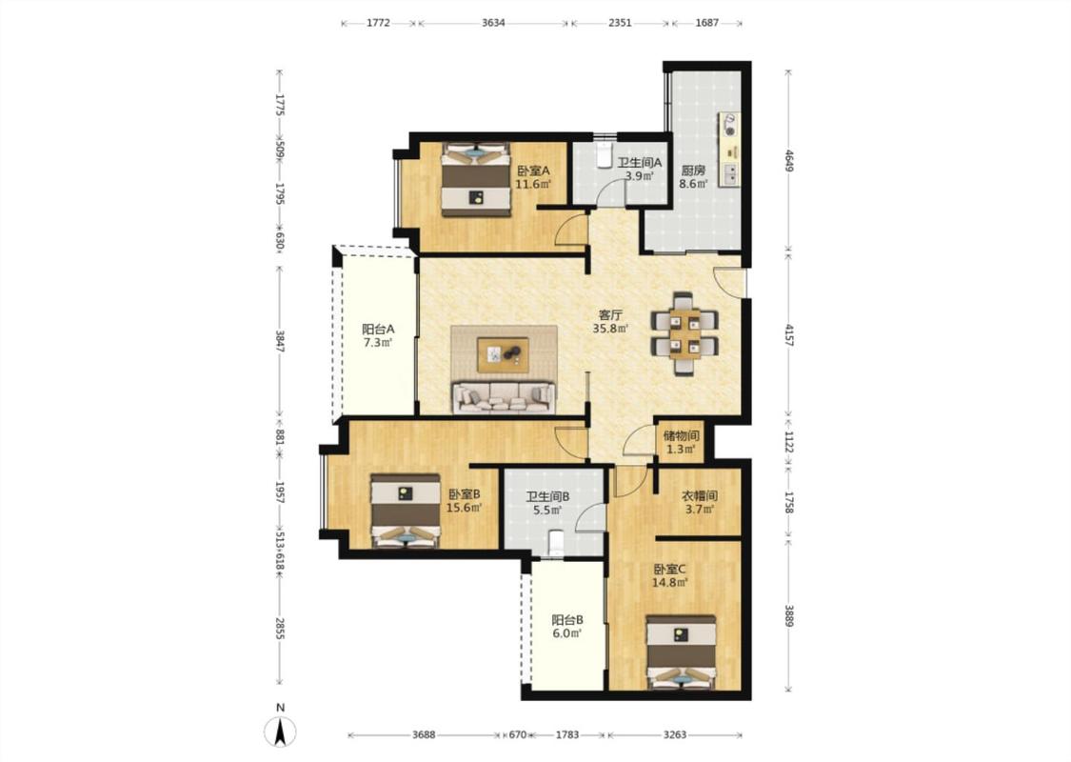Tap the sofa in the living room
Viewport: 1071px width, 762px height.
pyautogui.click(x=504, y=397)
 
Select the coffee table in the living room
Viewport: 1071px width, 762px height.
pyautogui.click(x=504, y=354)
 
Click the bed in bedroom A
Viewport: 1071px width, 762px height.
pyautogui.click(x=475, y=179)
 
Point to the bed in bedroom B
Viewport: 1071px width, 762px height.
pyautogui.click(x=406, y=511)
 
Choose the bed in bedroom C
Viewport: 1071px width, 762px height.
pyautogui.click(x=681, y=652)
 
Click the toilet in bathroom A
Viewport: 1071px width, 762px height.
pyautogui.click(x=605, y=156)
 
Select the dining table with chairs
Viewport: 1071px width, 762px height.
pyautogui.click(x=684, y=333)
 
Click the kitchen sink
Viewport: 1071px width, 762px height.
pyautogui.click(x=730, y=175)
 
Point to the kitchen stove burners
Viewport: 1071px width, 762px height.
pyautogui.click(x=730, y=125)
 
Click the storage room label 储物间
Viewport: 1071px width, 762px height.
pyautogui.click(x=681, y=435)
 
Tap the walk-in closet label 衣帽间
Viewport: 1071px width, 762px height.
pyautogui.click(x=699, y=495)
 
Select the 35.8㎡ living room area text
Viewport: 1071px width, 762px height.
pyautogui.click(x=610, y=329)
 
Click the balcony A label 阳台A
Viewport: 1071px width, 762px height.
pyautogui.click(x=378, y=329)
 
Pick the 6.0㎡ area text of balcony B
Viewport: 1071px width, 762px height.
pyautogui.click(x=567, y=633)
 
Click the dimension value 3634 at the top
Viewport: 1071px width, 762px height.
pyautogui.click(x=493, y=23)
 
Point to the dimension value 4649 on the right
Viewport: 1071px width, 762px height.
pyautogui.click(x=789, y=161)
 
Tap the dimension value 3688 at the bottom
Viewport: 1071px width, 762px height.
pyautogui.click(x=424, y=734)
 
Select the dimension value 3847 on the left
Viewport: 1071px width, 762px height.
pyautogui.click(x=279, y=341)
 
